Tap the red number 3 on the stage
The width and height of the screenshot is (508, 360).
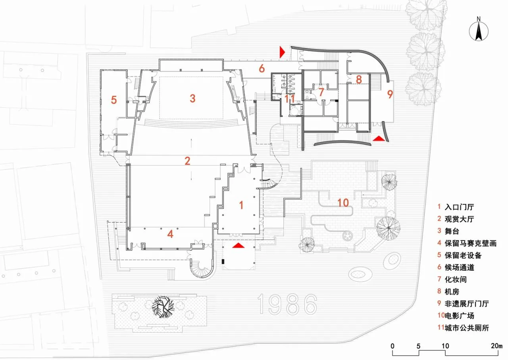pos(192,98)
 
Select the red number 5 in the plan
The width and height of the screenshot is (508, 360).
pos(114,100)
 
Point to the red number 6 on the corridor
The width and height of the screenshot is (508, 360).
pos(262,69)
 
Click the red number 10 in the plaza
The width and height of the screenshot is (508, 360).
pos(343,203)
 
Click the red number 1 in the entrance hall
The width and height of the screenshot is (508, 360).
pos(241,205)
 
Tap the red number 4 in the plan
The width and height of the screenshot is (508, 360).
pos(170,234)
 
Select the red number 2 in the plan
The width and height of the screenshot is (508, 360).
pos(187,161)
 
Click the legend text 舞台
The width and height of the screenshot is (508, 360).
pos(452,231)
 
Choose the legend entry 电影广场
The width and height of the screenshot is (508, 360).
pos(460,316)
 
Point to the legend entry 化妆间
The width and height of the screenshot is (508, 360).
pos(456,279)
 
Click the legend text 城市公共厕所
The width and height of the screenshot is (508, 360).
pos(467,327)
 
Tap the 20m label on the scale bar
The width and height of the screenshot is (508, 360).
pos(496,346)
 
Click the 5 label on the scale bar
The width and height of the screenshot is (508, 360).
pos(418,346)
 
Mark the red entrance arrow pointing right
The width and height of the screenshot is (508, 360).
pos(282,52)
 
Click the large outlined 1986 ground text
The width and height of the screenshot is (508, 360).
pos(287,304)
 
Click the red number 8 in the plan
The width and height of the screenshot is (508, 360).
pos(359,79)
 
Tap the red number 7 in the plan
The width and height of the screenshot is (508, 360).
pos(321,92)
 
